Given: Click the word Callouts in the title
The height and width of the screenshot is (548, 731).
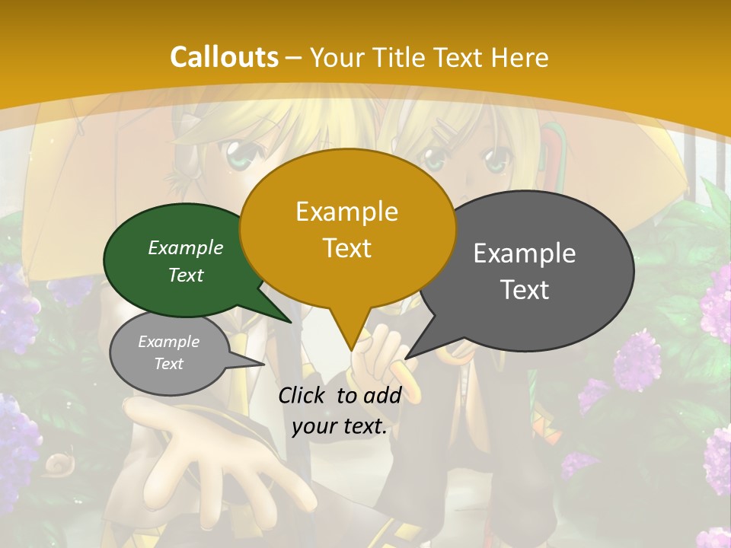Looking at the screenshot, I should (224, 57).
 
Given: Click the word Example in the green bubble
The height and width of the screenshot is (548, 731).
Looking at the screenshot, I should (186, 247).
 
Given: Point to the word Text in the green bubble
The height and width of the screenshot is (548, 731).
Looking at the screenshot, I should (186, 275).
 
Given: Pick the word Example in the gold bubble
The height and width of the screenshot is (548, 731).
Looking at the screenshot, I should (346, 212).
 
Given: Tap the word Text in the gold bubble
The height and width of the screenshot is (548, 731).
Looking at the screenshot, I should (346, 248).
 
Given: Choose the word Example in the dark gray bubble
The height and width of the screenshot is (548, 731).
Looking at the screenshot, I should (525, 253).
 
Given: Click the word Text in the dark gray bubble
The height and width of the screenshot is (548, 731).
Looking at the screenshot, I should (525, 290).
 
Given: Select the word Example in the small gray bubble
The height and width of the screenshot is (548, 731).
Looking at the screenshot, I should (168, 342).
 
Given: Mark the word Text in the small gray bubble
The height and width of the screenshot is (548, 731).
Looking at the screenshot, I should (168, 364).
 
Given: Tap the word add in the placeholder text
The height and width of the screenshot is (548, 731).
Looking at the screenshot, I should (381, 395).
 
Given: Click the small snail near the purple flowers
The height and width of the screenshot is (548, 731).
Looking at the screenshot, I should (56, 462).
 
